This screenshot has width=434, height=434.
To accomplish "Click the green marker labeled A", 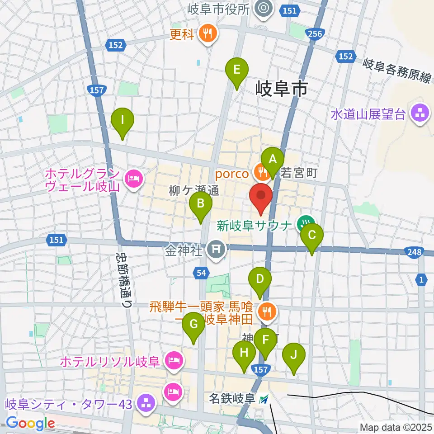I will (273, 160).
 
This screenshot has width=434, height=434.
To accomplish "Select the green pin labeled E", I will (237, 70).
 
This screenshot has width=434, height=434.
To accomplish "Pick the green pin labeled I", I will (123, 121).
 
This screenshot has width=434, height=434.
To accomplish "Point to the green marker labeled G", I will (193, 325).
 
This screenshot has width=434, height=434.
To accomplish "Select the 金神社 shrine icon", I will (216, 250).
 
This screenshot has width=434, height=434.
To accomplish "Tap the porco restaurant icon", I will (261, 171).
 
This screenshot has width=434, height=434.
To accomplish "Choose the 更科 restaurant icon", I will (208, 33).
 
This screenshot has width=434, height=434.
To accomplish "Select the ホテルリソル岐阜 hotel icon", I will (173, 360).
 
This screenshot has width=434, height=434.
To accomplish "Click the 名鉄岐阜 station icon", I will (264, 399).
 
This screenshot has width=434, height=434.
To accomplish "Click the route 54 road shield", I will (202, 273).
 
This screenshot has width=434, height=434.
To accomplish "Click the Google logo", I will (30, 424).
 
